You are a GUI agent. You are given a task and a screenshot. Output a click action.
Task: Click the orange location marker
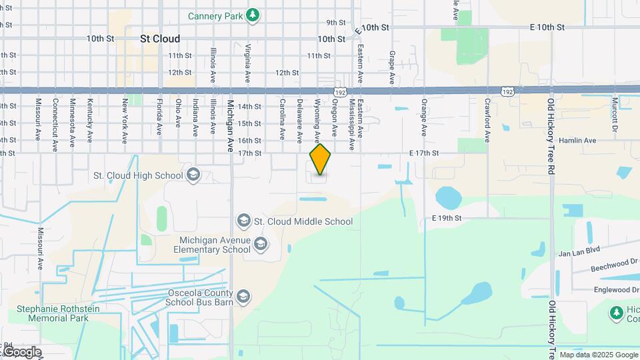pyautogui.click(x=321, y=159)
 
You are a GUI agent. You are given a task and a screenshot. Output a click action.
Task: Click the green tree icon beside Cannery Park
pyautogui.click(x=252, y=15)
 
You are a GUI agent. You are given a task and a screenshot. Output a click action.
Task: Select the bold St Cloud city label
pyautogui.click(x=160, y=39)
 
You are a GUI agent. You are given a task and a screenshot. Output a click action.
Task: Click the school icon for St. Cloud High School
pyautogui.click(x=193, y=175)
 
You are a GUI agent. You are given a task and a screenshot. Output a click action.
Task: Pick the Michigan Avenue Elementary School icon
pyautogui.click(x=261, y=245)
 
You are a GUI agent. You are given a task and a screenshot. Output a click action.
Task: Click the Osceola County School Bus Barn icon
pyautogui.click(x=243, y=297)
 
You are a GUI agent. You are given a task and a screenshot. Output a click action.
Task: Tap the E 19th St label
pyautogui.click(x=446, y=218)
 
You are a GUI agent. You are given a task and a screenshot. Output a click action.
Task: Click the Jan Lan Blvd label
pyautogui.click(x=579, y=251)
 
